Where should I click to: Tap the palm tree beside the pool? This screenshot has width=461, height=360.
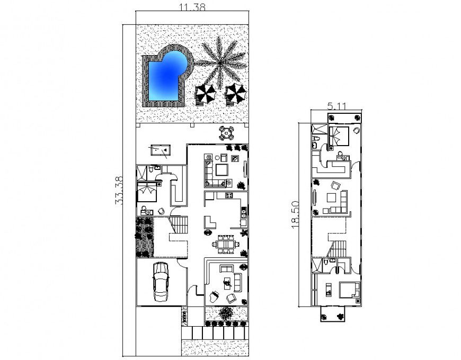pyautogui.click(x=220, y=63)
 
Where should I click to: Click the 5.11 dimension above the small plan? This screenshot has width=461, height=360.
pyautogui.click(x=338, y=106)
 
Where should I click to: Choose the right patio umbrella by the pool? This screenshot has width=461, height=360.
pyautogui.click(x=235, y=94)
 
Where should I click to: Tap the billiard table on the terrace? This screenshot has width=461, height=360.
pyautogui.click(x=159, y=150)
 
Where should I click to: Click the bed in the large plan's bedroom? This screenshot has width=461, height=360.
pyautogui.click(x=147, y=192)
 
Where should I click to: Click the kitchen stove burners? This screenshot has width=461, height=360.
pyautogui.click(x=229, y=196)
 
